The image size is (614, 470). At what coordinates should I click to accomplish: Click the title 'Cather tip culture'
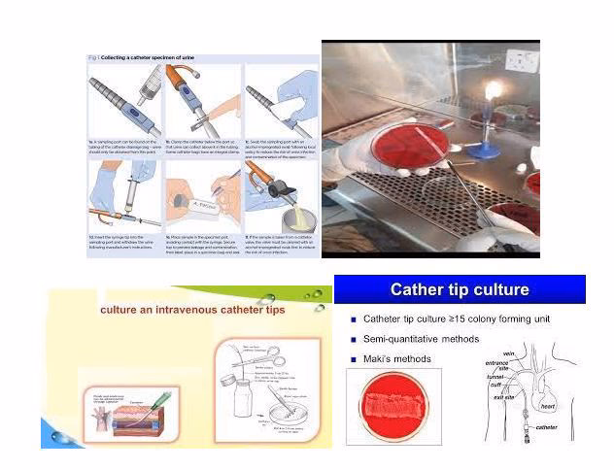[460, 289]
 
